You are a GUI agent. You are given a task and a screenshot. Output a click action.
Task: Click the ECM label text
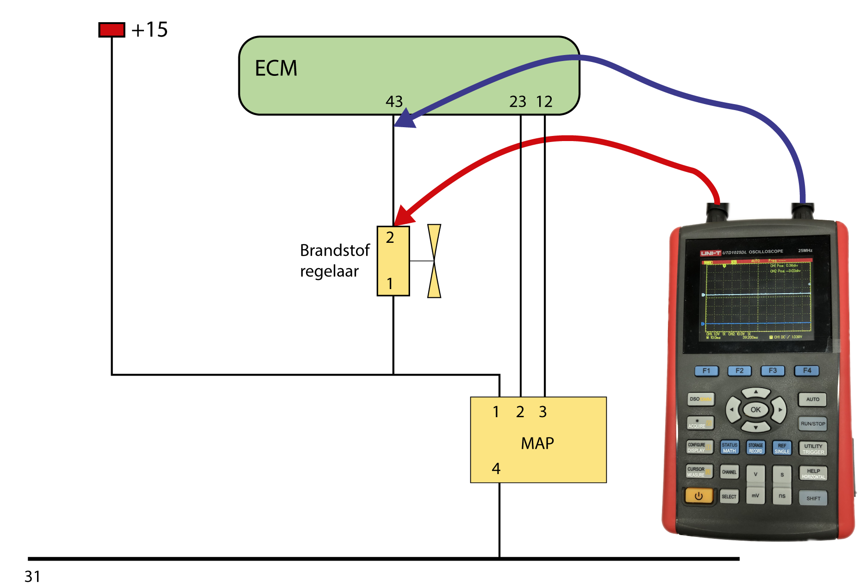tap(276, 68)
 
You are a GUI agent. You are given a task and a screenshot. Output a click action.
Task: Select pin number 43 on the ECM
tap(394, 102)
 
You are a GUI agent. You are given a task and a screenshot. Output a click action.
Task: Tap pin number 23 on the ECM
tap(517, 102)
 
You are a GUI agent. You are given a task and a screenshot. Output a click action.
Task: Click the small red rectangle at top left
tap(112, 30)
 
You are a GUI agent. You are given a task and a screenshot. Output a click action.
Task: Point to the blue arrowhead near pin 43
tap(404, 120)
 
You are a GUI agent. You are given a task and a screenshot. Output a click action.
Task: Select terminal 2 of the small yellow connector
tap(390, 238)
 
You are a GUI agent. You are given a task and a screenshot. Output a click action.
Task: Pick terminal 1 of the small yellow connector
tap(390, 284)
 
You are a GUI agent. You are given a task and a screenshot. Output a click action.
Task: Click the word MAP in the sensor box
tap(537, 444)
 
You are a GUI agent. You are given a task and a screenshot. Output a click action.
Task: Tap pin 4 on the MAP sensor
tap(496, 469)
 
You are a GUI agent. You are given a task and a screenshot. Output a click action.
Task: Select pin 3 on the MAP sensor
tap(543, 412)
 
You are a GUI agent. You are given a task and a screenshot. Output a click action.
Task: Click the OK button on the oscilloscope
tap(755, 410)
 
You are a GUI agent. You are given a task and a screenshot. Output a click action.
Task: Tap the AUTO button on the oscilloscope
tap(812, 399)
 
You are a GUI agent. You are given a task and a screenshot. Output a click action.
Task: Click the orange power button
tap(698, 496)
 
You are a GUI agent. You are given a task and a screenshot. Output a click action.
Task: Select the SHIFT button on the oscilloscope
tap(813, 498)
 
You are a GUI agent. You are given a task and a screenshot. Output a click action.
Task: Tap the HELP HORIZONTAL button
tap(813, 474)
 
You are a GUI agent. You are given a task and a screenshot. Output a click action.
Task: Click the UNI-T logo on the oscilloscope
tap(710, 253)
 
